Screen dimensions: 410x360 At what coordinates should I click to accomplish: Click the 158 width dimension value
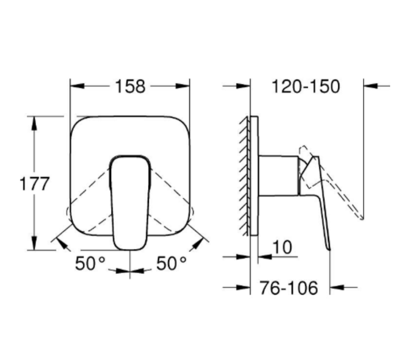[x=130, y=86]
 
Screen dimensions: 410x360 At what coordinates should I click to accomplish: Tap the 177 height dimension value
[x=34, y=184]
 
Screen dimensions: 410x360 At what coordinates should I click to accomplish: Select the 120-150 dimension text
[x=306, y=86]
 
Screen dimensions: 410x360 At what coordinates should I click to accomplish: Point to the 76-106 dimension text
[x=289, y=288]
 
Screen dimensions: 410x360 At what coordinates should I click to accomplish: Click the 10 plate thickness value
[x=282, y=247]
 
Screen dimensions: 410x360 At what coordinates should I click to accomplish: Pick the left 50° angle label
[x=90, y=263]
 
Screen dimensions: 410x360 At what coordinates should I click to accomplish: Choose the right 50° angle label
[x=171, y=263]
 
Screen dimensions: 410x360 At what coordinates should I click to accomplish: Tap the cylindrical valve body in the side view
[x=278, y=176]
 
